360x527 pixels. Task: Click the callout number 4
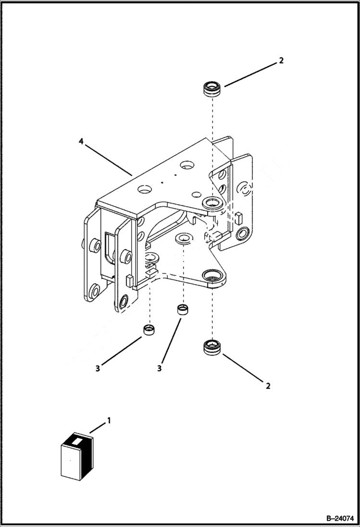[x=81, y=142]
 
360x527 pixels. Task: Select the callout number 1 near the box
[x=109, y=420]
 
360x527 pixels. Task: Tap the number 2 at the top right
[x=281, y=61]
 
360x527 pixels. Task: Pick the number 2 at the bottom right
[x=268, y=385]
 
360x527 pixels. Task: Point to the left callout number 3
[x=98, y=368]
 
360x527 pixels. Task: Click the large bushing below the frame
[x=211, y=347]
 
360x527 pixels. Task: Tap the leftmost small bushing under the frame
[x=150, y=331]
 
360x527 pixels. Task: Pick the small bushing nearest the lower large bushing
[x=182, y=308]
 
